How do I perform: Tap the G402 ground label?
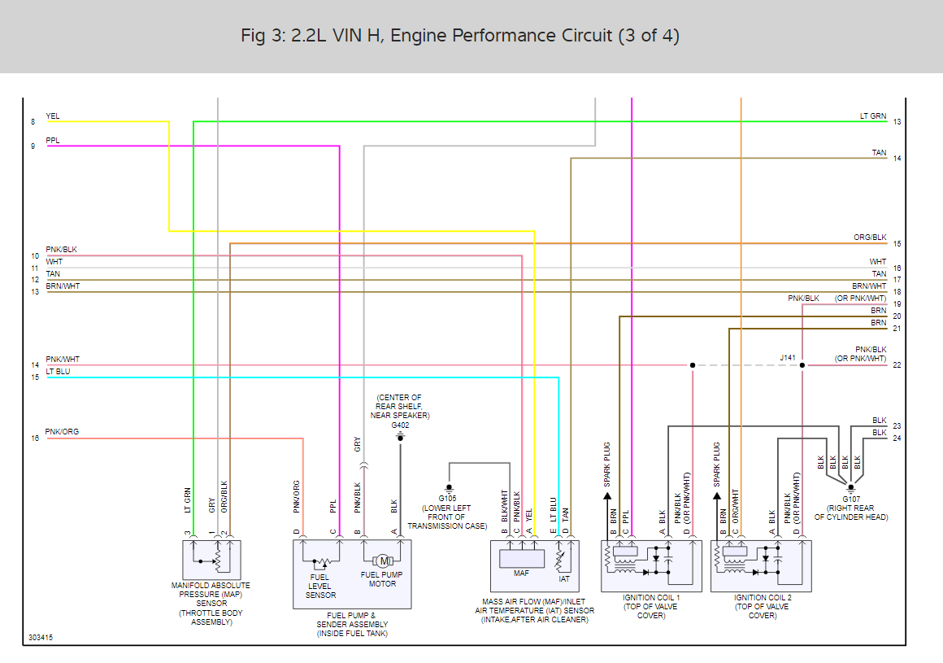click(400, 425)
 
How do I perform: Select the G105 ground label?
click(447, 498)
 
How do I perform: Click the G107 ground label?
click(851, 498)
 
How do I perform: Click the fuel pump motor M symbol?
click(384, 560)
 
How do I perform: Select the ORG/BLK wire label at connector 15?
click(870, 238)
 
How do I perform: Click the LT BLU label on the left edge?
click(58, 371)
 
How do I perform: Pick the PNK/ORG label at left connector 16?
click(62, 432)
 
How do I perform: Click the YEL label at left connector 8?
click(53, 116)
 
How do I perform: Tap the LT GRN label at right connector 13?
click(873, 116)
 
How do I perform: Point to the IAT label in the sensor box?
click(564, 579)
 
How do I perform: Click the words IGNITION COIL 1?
click(651, 598)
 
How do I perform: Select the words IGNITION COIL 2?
click(762, 598)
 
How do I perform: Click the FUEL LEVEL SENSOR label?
click(320, 586)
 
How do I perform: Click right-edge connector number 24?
click(897, 438)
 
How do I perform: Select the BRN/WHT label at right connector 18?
click(869, 286)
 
